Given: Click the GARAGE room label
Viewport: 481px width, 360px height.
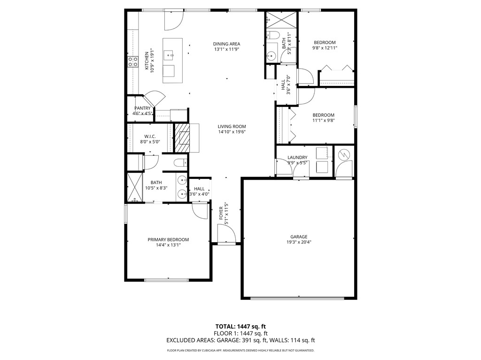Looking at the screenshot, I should pos(298,237).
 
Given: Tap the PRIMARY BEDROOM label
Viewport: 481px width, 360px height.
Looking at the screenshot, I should pos(168,239).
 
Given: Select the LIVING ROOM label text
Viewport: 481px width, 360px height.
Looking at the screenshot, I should pos(232,126).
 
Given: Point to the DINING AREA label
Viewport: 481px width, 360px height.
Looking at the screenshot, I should pos(226,44).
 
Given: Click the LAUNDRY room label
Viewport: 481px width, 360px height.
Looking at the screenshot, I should pos(297,158).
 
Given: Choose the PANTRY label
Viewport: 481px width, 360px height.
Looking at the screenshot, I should pos(142,108).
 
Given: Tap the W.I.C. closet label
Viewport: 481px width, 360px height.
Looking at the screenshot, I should pos(149,136).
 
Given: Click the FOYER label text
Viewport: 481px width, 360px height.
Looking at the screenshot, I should pos(221,214).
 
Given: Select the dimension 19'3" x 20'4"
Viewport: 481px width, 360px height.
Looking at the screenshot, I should pos(298,243).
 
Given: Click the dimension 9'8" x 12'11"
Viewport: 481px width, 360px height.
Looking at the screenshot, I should pos(325,48).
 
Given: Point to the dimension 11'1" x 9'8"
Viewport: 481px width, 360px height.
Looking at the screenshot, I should pos(324,121).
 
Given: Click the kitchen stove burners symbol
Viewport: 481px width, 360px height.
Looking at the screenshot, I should pos(132,61).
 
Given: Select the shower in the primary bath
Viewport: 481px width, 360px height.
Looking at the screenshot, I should pos(134,189).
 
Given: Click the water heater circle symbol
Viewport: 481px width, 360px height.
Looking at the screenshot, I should pos(344,153).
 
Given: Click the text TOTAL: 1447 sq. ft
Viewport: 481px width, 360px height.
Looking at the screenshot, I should pos(240,326).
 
